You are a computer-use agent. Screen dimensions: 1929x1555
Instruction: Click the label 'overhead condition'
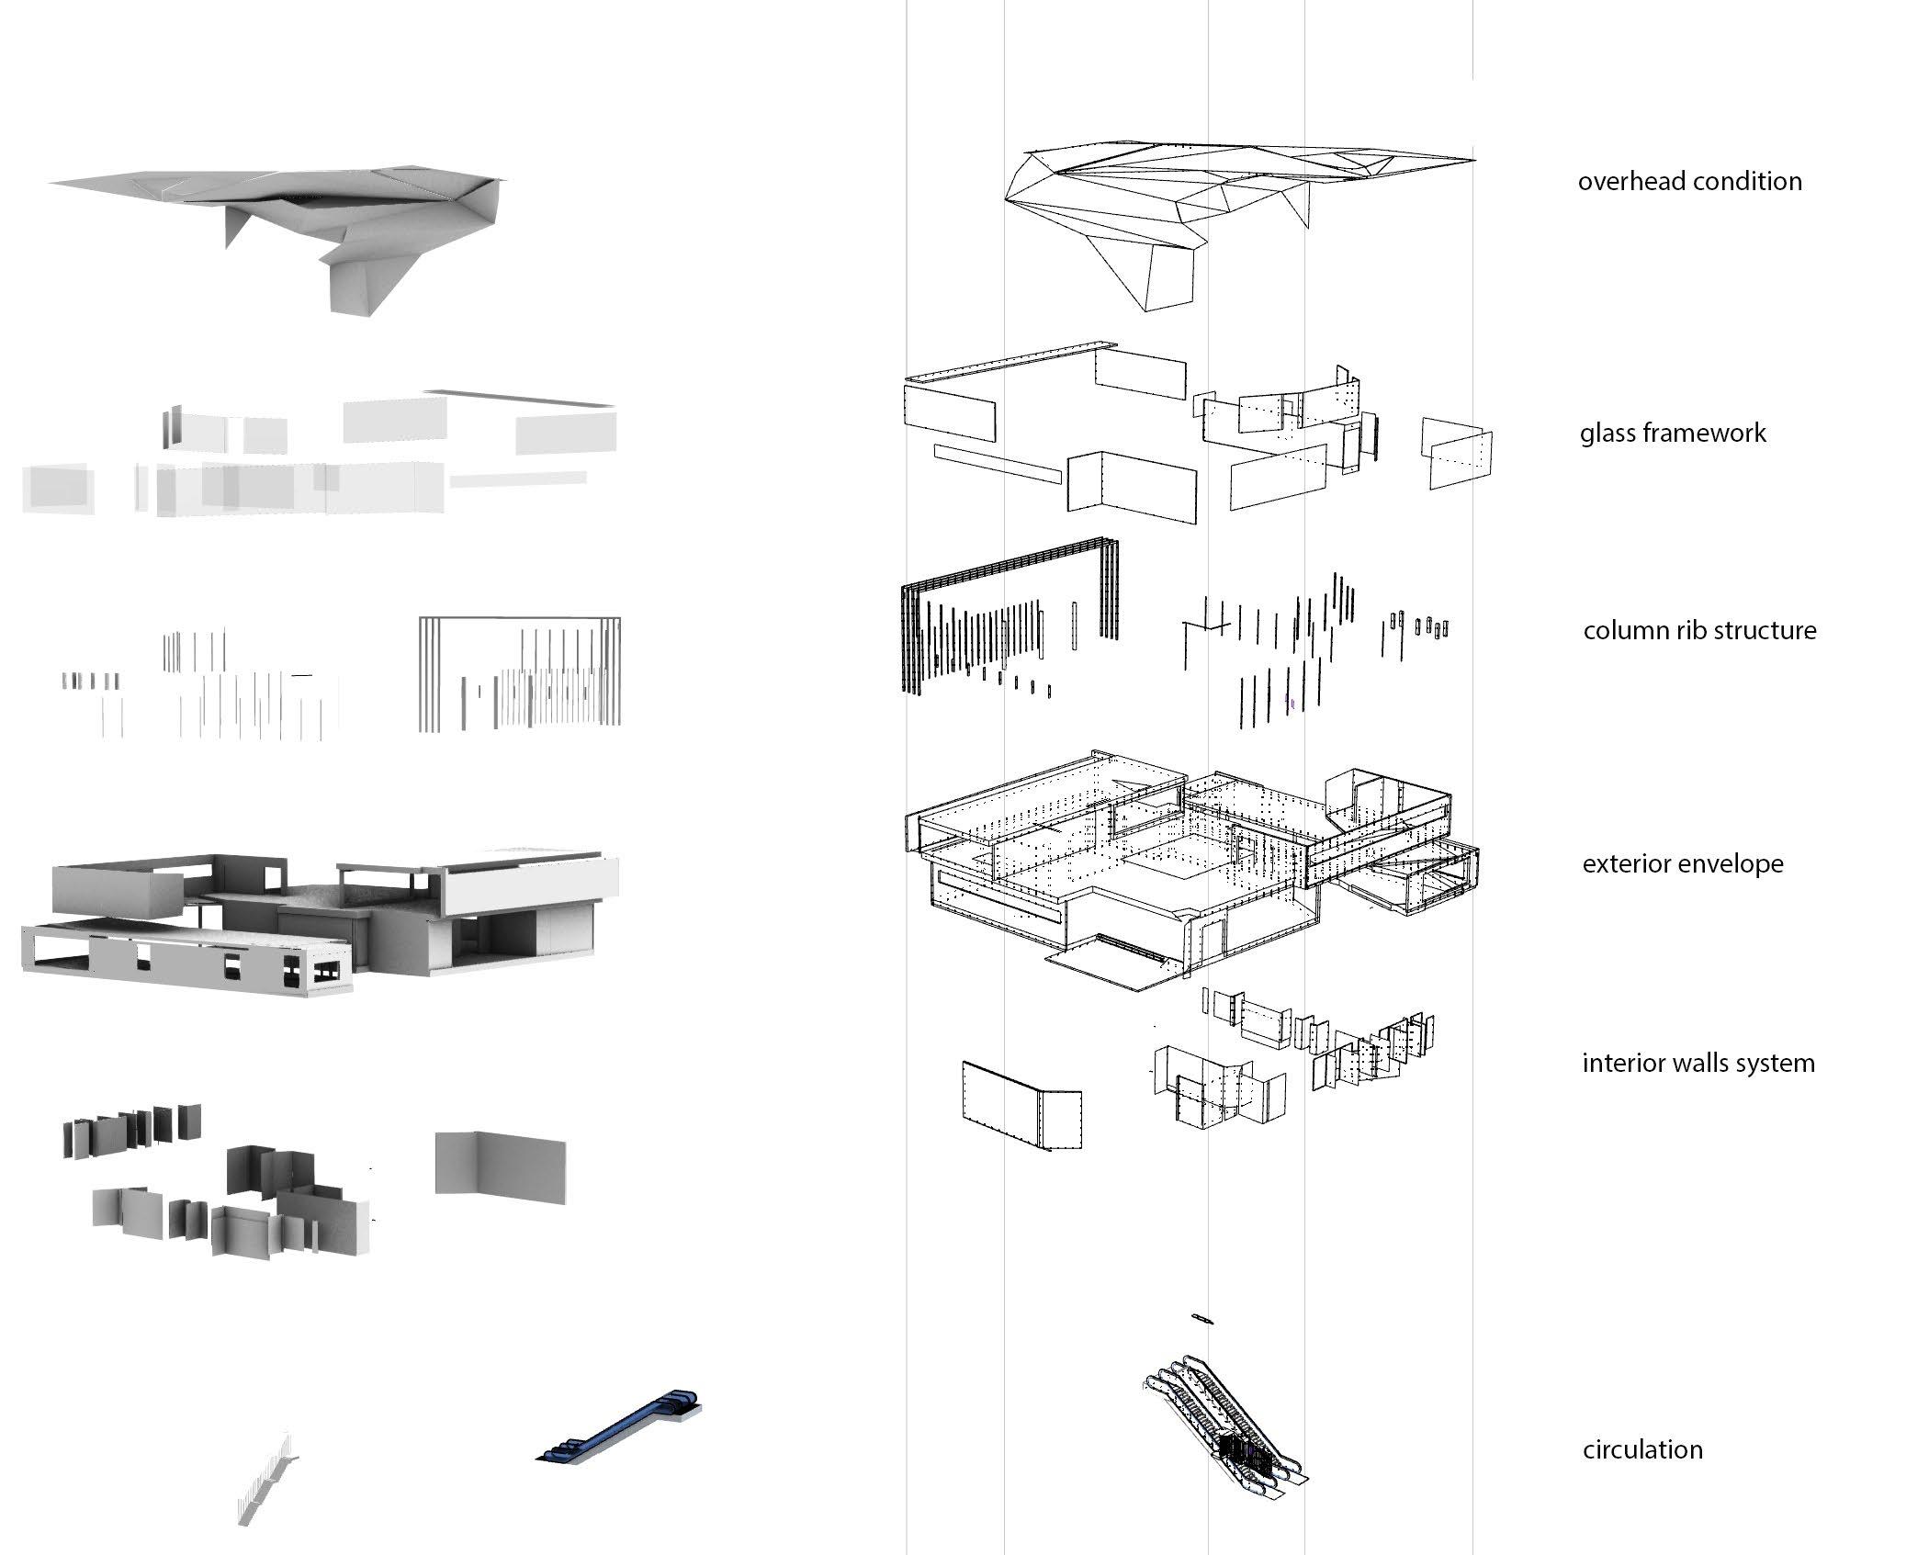1689,182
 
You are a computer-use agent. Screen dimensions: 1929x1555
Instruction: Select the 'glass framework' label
1672,434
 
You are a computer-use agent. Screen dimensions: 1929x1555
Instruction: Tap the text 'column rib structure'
1699,631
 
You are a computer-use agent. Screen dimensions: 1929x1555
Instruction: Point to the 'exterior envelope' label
1682,864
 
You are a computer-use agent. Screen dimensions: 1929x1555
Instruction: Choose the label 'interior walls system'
1698,1064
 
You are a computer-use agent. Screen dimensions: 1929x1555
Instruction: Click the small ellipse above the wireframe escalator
1201,1319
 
